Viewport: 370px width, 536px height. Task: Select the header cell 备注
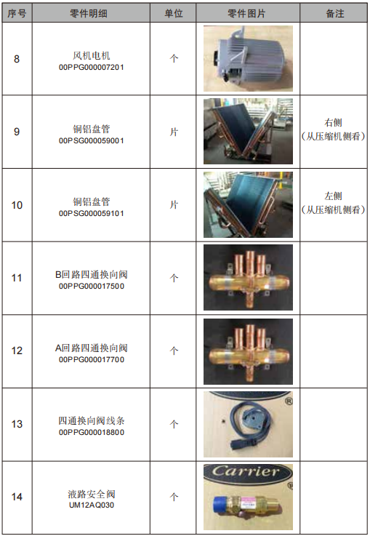pyautogui.click(x=335, y=14)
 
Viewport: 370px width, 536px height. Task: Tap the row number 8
pyautogui.click(x=17, y=59)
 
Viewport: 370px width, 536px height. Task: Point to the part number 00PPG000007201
pyautogui.click(x=91, y=68)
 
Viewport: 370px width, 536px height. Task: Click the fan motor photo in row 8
pyautogui.click(x=248, y=58)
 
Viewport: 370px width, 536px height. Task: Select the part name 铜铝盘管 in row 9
pyautogui.click(x=91, y=129)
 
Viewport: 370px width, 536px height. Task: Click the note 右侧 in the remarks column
pyautogui.click(x=333, y=123)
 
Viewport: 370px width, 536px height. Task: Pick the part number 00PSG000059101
pyautogui.click(x=91, y=214)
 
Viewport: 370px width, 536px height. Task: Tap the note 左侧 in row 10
pyautogui.click(x=333, y=196)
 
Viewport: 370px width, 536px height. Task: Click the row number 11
pyautogui.click(x=17, y=278)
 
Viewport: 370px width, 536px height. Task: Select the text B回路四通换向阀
pyautogui.click(x=91, y=274)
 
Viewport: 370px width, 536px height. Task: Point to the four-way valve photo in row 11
pyautogui.click(x=248, y=277)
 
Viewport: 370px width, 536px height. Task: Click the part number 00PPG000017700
pyautogui.click(x=91, y=359)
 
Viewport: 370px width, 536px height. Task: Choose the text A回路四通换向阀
pyautogui.click(x=91, y=348)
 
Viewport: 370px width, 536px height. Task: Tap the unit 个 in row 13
pyautogui.click(x=174, y=424)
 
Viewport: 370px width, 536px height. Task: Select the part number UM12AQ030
pyautogui.click(x=91, y=505)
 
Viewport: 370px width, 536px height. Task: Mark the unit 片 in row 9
pyautogui.click(x=174, y=132)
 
